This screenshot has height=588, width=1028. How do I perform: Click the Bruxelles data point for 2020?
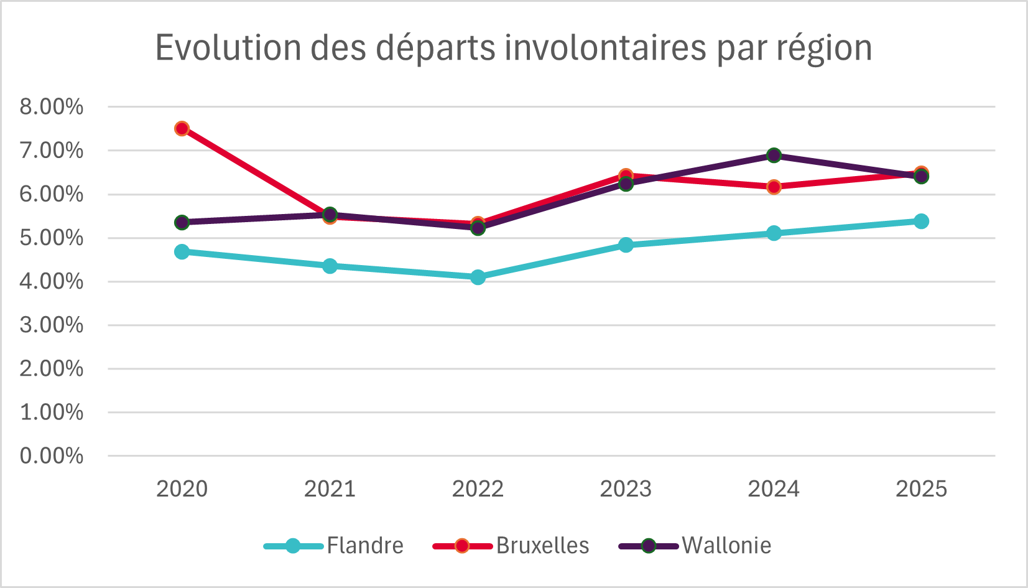182,129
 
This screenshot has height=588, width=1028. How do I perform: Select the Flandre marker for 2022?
478,277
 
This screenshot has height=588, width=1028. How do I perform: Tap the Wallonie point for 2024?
774,156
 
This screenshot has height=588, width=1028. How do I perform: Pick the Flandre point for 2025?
921,221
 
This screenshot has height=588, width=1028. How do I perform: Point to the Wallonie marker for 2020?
182,222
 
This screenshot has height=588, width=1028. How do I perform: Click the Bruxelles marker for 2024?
774,187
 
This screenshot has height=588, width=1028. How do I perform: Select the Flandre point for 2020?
182,251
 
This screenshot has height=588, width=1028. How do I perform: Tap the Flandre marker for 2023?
626,245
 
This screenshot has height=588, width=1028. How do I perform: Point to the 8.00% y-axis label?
52,107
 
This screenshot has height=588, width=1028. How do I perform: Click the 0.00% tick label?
52,456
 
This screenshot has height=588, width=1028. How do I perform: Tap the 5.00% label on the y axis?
52,238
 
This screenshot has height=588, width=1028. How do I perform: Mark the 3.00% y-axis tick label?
52,325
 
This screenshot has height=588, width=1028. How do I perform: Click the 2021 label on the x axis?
330,489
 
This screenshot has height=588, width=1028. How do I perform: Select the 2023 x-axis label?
626,489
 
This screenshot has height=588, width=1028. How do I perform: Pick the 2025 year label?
921,489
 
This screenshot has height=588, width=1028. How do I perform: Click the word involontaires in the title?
605,48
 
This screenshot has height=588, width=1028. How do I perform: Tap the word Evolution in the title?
228,48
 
